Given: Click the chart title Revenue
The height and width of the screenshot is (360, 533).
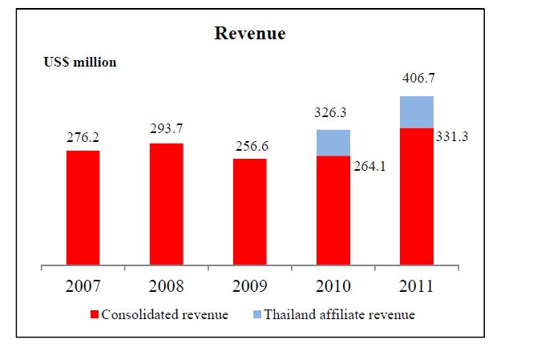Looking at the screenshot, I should (x=250, y=34).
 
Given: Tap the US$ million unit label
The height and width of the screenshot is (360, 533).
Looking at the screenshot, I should (x=80, y=62).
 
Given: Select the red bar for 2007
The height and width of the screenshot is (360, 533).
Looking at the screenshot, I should (x=83, y=207).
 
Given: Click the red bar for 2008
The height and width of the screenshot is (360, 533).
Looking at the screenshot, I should (x=166, y=204).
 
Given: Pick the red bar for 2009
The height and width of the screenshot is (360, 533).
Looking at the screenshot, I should (x=249, y=211).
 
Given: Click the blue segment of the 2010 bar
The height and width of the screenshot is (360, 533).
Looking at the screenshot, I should (x=333, y=143).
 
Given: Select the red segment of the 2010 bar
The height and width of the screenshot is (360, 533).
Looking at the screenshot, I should (x=333, y=209).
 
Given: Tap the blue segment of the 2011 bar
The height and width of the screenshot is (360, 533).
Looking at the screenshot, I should (x=417, y=112).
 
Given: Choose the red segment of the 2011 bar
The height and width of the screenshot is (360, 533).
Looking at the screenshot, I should (x=417, y=196).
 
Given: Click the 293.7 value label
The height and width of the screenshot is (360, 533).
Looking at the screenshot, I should (x=166, y=130).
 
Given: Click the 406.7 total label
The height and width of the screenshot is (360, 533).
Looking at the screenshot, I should (x=417, y=80).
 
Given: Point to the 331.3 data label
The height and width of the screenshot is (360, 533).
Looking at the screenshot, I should (x=452, y=136).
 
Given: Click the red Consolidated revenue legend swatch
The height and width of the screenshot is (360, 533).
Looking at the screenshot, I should (x=95, y=314).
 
